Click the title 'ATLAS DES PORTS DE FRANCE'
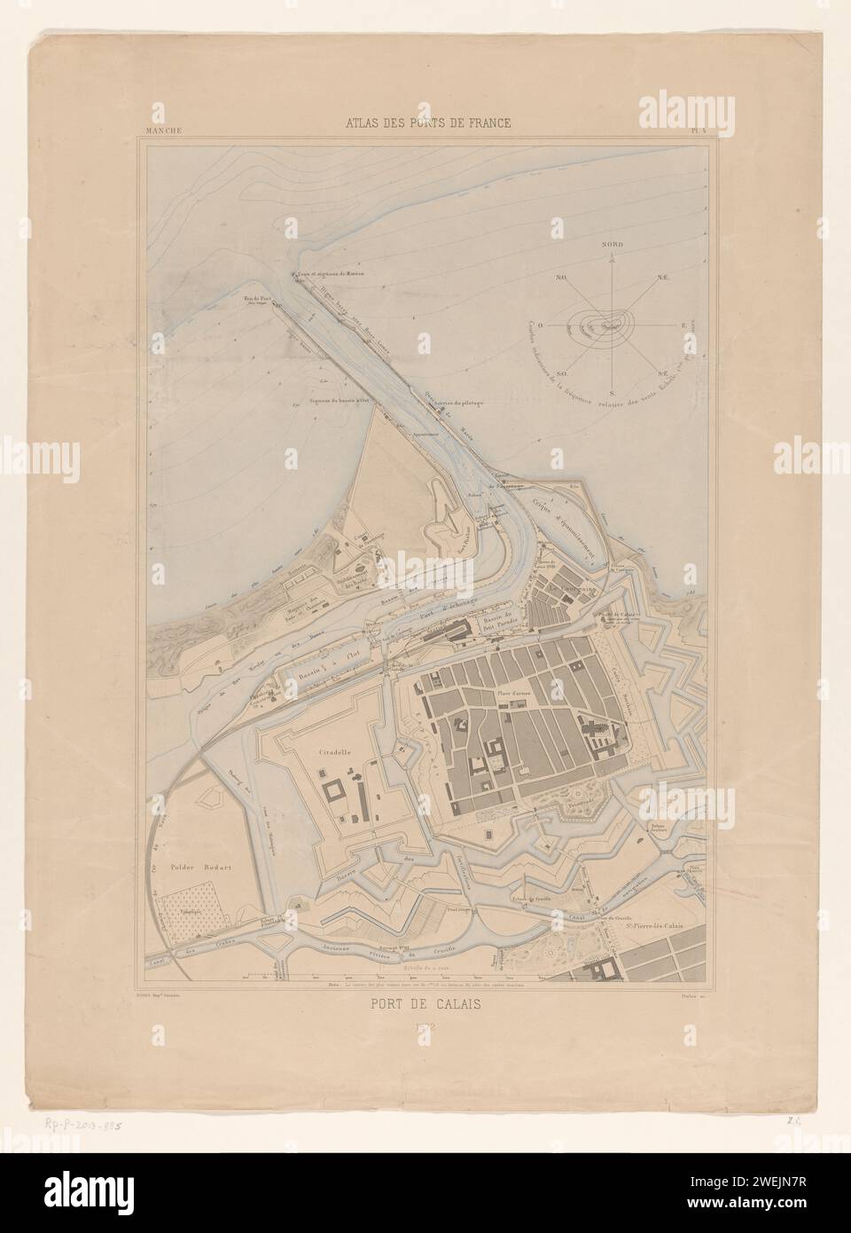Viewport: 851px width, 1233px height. pos(428,123)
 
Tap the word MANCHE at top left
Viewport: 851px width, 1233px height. pos(159,130)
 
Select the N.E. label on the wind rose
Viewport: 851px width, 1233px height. pos(662,279)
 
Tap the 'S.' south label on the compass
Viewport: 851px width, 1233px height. pos(611,392)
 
